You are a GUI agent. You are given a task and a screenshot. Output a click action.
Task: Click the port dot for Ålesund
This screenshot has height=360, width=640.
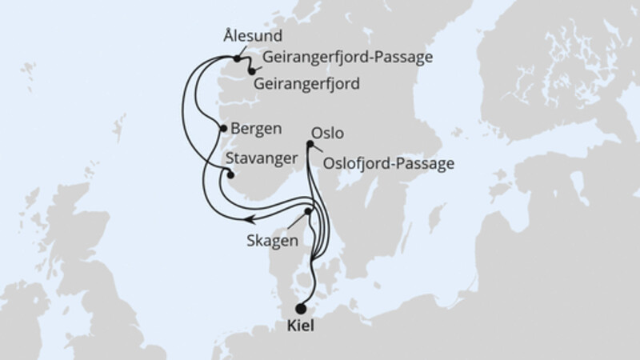[238, 58]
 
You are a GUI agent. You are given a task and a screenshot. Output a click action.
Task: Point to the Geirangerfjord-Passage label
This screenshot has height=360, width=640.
[346, 58]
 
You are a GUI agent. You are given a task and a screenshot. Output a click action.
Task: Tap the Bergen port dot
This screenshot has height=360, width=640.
[222, 128]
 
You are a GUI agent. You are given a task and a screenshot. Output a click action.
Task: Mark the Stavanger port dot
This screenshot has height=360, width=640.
[230, 174]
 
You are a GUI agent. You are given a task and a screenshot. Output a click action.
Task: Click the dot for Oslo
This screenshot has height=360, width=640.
[310, 145]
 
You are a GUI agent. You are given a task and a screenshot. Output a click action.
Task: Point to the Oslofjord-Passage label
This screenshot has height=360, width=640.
[390, 164]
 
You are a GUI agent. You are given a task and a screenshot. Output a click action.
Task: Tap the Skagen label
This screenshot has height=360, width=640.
[274, 241]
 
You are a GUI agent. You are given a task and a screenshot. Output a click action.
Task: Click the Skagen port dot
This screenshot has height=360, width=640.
[308, 212]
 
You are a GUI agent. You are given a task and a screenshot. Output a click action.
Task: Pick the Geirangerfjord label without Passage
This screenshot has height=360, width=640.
[306, 83]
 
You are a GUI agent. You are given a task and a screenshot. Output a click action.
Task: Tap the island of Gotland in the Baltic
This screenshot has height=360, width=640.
[437, 217]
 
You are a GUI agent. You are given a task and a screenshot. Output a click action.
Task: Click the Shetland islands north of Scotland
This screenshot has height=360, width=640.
[120, 129]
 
